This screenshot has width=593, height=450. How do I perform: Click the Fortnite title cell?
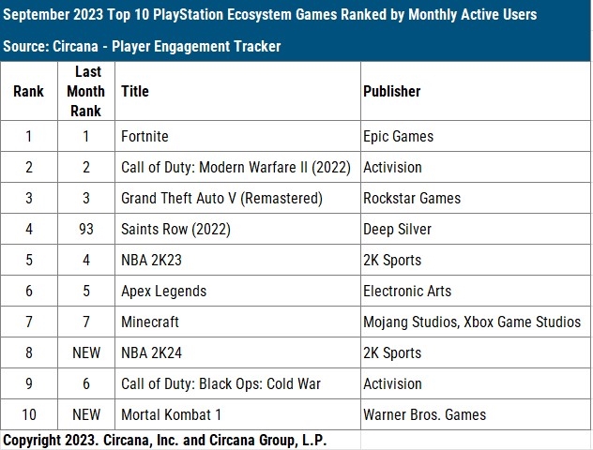click(144, 136)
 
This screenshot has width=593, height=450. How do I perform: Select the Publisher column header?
click(391, 91)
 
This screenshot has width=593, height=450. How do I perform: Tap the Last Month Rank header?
click(85, 91)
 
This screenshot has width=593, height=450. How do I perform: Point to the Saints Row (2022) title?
click(175, 229)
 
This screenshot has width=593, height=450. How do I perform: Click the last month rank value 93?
click(85, 229)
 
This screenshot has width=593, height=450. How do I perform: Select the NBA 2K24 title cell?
click(153, 352)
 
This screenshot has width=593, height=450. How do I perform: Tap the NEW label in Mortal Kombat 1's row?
click(85, 414)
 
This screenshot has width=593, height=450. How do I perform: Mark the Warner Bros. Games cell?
click(424, 414)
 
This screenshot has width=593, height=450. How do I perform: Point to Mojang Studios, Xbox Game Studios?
click(471, 322)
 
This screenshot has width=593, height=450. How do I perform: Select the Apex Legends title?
click(164, 291)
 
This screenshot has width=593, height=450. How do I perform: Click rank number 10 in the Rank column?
click(29, 414)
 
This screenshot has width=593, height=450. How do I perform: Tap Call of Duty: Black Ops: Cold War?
click(220, 383)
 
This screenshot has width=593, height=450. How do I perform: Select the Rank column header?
click(29, 91)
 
